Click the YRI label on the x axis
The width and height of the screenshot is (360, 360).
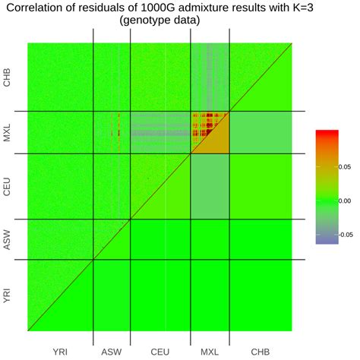tap(60, 352)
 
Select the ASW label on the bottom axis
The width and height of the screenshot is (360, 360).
tap(112, 352)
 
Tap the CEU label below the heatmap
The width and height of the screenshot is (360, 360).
tap(159, 352)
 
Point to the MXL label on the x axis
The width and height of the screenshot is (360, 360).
tap(208, 352)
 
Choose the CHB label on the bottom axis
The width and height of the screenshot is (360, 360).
tap(260, 352)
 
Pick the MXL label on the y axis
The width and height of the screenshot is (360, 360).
tap(8, 133)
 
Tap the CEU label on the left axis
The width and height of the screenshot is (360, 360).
tap(8, 187)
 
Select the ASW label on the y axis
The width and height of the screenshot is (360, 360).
tap(8, 240)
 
